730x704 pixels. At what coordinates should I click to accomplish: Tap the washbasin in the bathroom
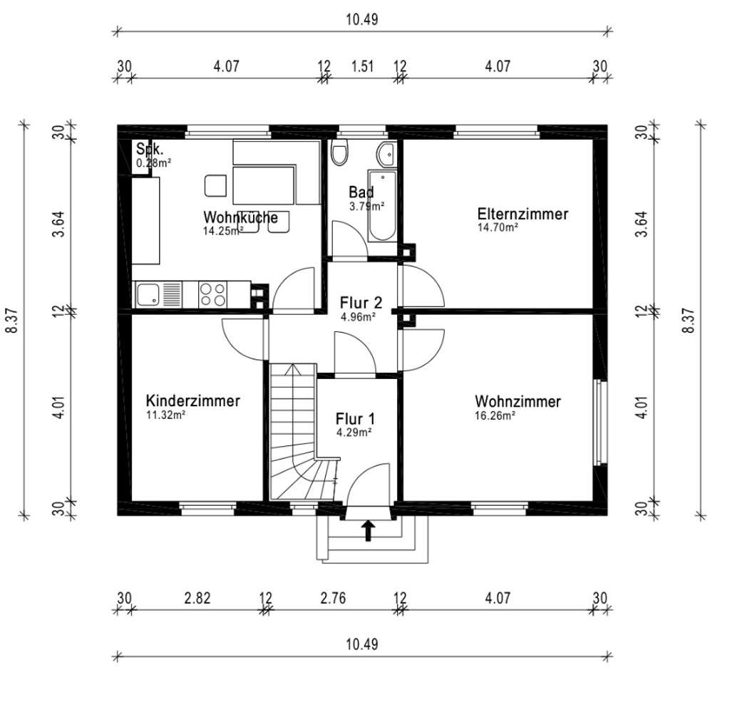[386, 154]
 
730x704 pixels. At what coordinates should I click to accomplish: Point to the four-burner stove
[212, 294]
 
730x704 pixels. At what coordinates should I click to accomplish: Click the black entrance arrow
[369, 530]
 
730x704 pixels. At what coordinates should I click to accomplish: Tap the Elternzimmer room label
[523, 214]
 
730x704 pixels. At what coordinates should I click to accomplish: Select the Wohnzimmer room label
[518, 402]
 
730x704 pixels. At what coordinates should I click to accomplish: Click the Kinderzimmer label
[192, 400]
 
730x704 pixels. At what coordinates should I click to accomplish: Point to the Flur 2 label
[361, 303]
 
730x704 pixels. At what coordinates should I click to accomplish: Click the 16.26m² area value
[495, 415]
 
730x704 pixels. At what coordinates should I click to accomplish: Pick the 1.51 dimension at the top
[362, 66]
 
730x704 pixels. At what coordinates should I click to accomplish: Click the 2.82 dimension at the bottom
[197, 598]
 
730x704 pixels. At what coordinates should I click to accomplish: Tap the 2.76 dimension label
[333, 598]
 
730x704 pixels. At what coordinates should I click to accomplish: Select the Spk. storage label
[150, 149]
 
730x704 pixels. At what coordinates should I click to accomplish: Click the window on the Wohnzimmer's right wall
[601, 423]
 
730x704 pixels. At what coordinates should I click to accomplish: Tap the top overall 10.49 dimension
[362, 19]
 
